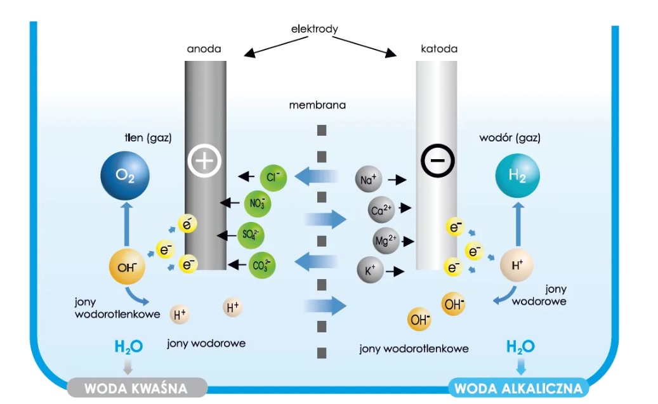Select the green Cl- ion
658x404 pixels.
(273, 176)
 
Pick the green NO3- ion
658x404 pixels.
(258, 204)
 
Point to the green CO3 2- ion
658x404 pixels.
(263, 264)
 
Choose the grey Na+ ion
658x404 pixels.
(369, 180)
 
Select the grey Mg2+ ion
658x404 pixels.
(386, 241)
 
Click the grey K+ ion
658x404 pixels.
(370, 270)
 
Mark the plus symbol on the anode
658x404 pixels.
(204, 161)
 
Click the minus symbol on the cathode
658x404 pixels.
(438, 161)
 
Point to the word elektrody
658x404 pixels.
(314, 29)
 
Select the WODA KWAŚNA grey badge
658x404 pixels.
(137, 387)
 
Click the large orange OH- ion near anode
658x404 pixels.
(128, 267)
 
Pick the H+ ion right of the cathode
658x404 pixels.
(517, 266)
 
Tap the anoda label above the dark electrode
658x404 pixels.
(204, 49)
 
